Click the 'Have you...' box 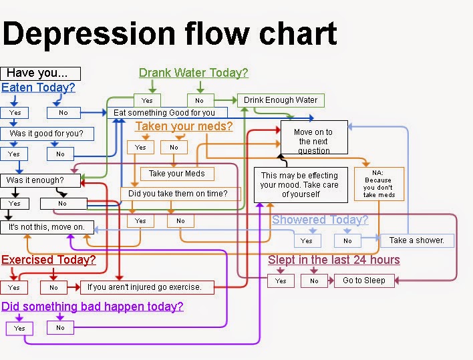coord(41,73)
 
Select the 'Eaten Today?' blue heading coord(38,87)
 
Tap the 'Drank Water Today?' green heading coord(193,73)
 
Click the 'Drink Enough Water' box coord(281,100)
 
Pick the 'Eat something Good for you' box coord(167,113)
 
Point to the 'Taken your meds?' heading coord(184,126)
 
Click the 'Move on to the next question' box coord(314,138)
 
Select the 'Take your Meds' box coord(177,174)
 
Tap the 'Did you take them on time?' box coord(180,194)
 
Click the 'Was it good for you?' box coord(47,134)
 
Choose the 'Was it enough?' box coord(40,180)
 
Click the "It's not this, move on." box coord(47,227)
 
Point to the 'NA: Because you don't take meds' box coord(379,184)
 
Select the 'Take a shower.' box coord(417,240)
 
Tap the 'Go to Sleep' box coord(364,281)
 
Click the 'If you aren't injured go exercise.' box coord(147,287)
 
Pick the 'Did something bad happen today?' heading coord(92,307)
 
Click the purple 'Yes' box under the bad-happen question coord(19,328)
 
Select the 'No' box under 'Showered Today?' coord(347,240)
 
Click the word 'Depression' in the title coord(89,34)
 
